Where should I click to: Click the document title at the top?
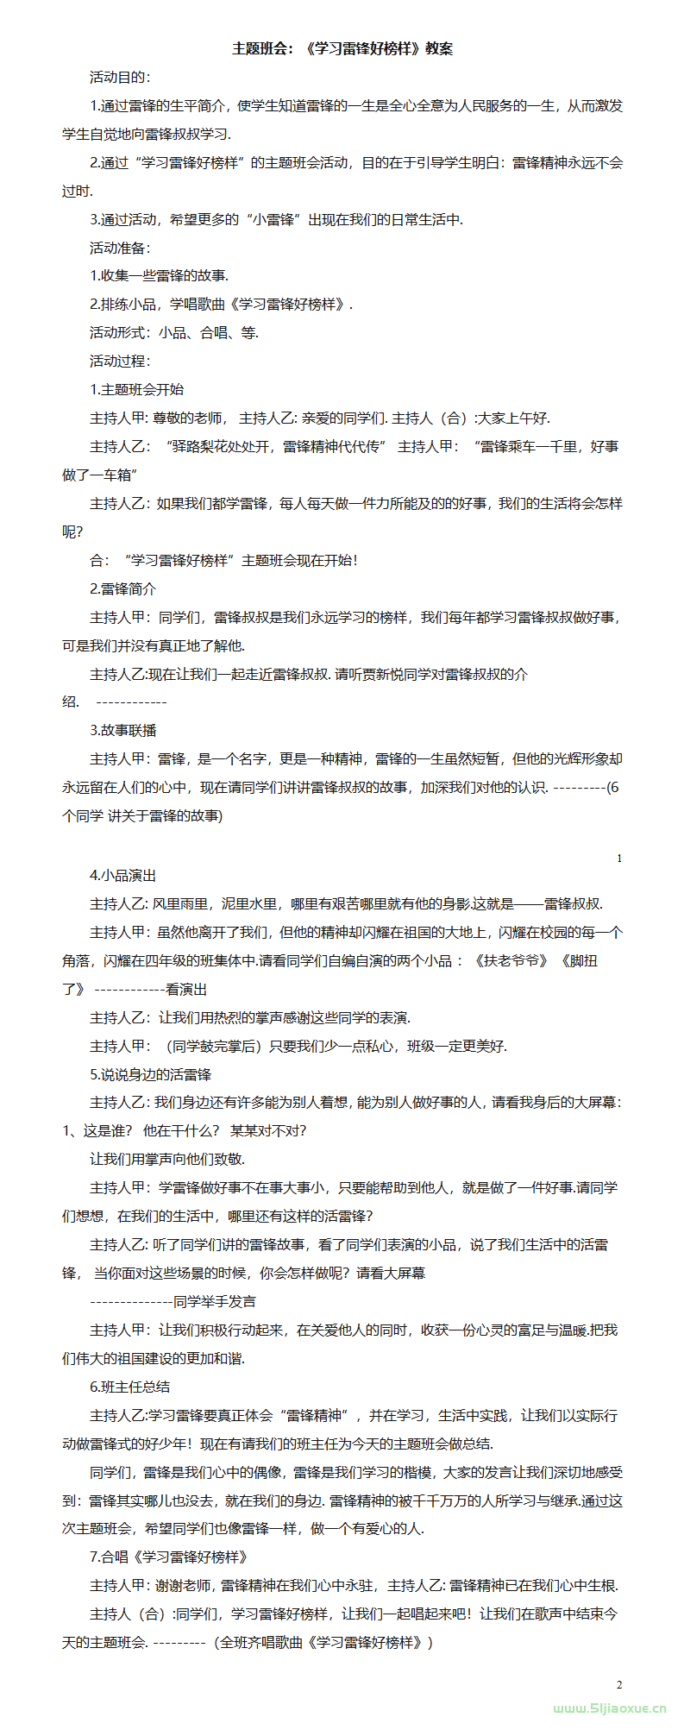[342, 49]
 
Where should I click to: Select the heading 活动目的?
[120, 78]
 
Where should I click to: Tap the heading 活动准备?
[120, 248]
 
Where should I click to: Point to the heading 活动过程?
[120, 361]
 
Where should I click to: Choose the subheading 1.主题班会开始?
[137, 389]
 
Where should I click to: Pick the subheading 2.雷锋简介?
[123, 588]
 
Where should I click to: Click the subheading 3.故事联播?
[123, 730]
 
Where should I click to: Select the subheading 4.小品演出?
[123, 875]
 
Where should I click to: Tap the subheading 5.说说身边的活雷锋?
[151, 1074]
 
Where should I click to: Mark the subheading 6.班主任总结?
[130, 1387]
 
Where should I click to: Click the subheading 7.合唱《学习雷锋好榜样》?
[170, 1557]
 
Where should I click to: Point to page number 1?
[619, 859]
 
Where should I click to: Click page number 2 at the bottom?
[619, 1684]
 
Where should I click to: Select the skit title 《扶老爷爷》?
[510, 960]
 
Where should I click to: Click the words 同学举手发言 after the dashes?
[215, 1301]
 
